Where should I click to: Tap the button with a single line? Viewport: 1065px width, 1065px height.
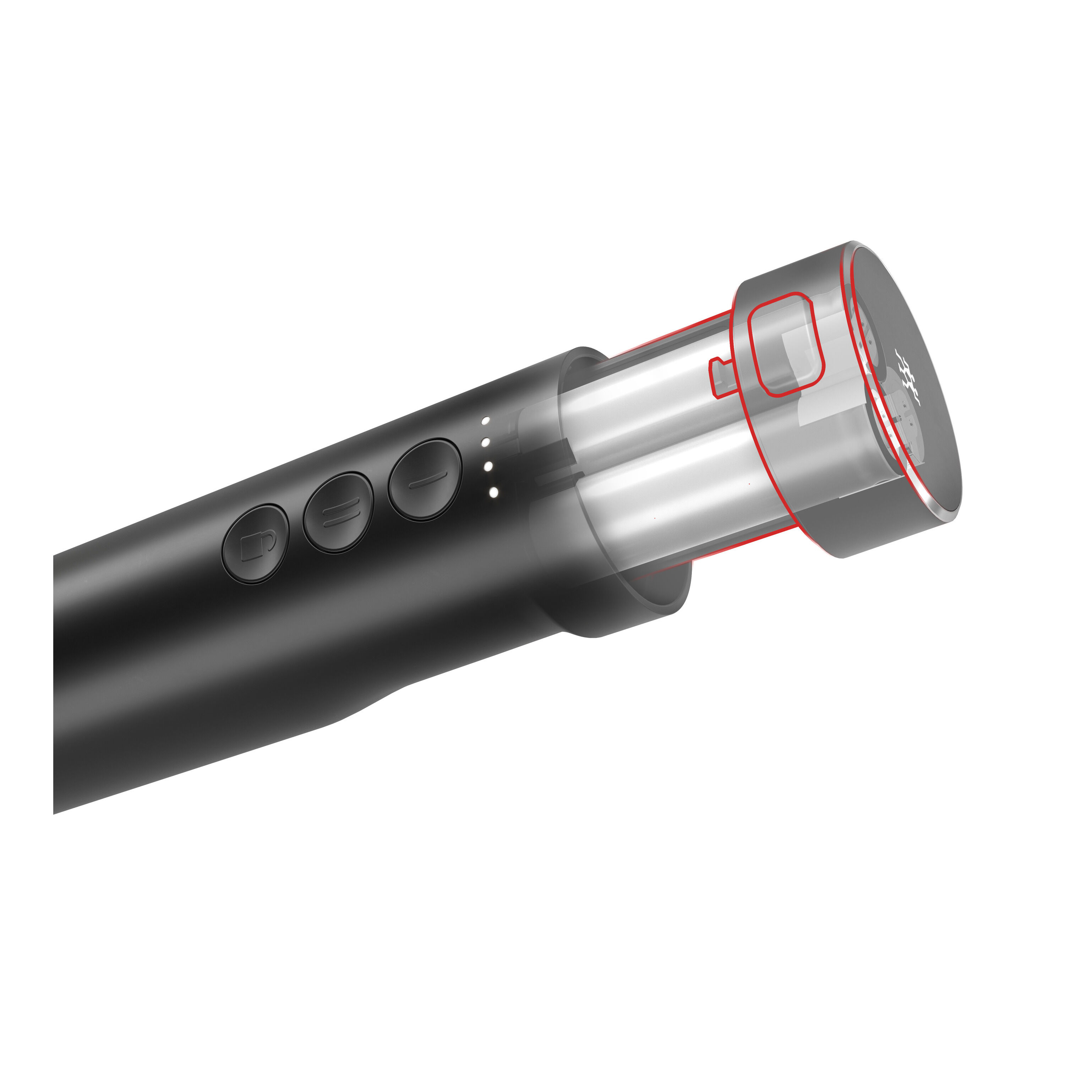pyautogui.click(x=425, y=479)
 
